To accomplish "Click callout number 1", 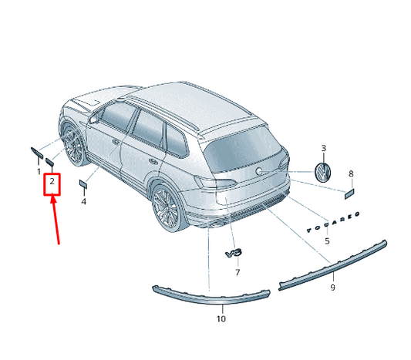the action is point(39,172).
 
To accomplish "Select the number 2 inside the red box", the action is point(52,181).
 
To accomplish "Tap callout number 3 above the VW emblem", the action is point(324,148).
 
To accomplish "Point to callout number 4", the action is point(83,202).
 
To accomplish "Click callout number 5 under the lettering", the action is point(327,241).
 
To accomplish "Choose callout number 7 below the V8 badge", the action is point(238,272).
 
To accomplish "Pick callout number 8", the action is point(351,173).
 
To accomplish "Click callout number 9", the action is point(332,288).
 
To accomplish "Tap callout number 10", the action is point(221,319).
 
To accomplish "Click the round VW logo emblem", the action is point(322,173).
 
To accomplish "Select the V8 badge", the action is point(234,254).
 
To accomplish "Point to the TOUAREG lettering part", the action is point(333,223).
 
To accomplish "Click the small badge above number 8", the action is point(349,194).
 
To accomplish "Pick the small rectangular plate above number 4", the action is point(83,183).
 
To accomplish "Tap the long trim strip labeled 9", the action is point(333,265).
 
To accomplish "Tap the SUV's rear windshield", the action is point(242,149).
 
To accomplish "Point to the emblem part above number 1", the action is point(37,153).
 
